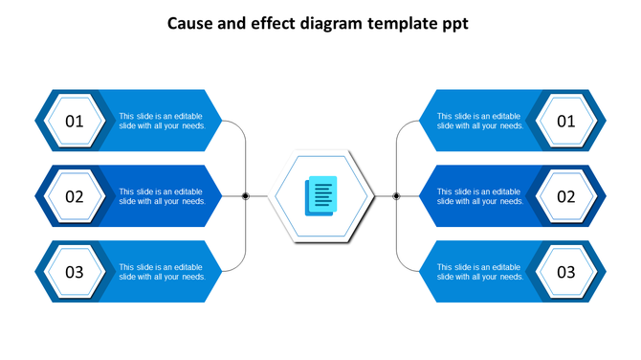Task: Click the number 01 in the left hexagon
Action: (x=75, y=122)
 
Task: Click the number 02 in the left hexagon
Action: (x=75, y=197)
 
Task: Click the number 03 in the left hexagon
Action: (x=75, y=272)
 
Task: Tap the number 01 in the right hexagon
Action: (x=566, y=122)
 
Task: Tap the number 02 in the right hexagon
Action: (x=566, y=197)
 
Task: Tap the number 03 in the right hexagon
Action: (x=566, y=272)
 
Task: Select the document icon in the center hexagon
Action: (x=320, y=195)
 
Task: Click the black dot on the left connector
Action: (x=246, y=196)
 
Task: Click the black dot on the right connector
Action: (x=396, y=196)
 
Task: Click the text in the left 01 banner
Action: (x=162, y=121)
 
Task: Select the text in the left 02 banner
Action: (x=162, y=196)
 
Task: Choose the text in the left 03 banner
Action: (x=162, y=272)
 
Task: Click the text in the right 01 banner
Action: (x=480, y=121)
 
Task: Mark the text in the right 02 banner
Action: (x=480, y=196)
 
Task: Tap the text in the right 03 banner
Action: (x=480, y=272)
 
